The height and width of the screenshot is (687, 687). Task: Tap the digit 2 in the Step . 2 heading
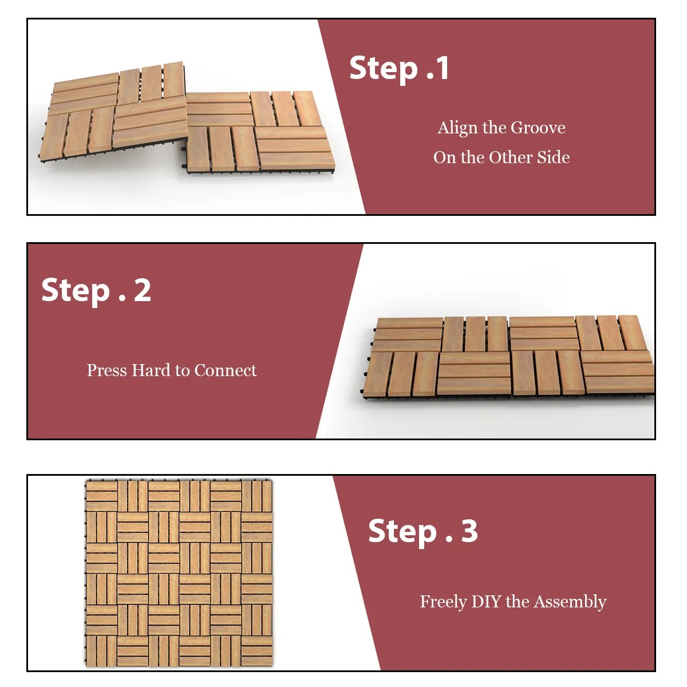point(142,290)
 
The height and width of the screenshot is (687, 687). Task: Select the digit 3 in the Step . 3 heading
point(469,531)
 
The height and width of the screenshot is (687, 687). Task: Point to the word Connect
point(226,370)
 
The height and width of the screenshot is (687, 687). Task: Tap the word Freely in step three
point(443,602)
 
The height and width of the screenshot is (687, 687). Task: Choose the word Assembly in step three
point(570,602)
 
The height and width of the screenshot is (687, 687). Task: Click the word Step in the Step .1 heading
point(384,69)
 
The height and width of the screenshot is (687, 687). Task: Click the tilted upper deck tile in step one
point(113,112)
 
